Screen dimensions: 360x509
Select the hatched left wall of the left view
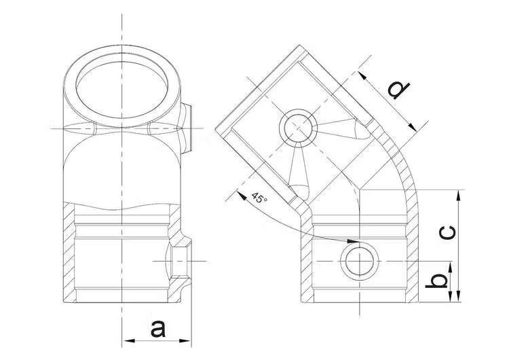click(x=69, y=251)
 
